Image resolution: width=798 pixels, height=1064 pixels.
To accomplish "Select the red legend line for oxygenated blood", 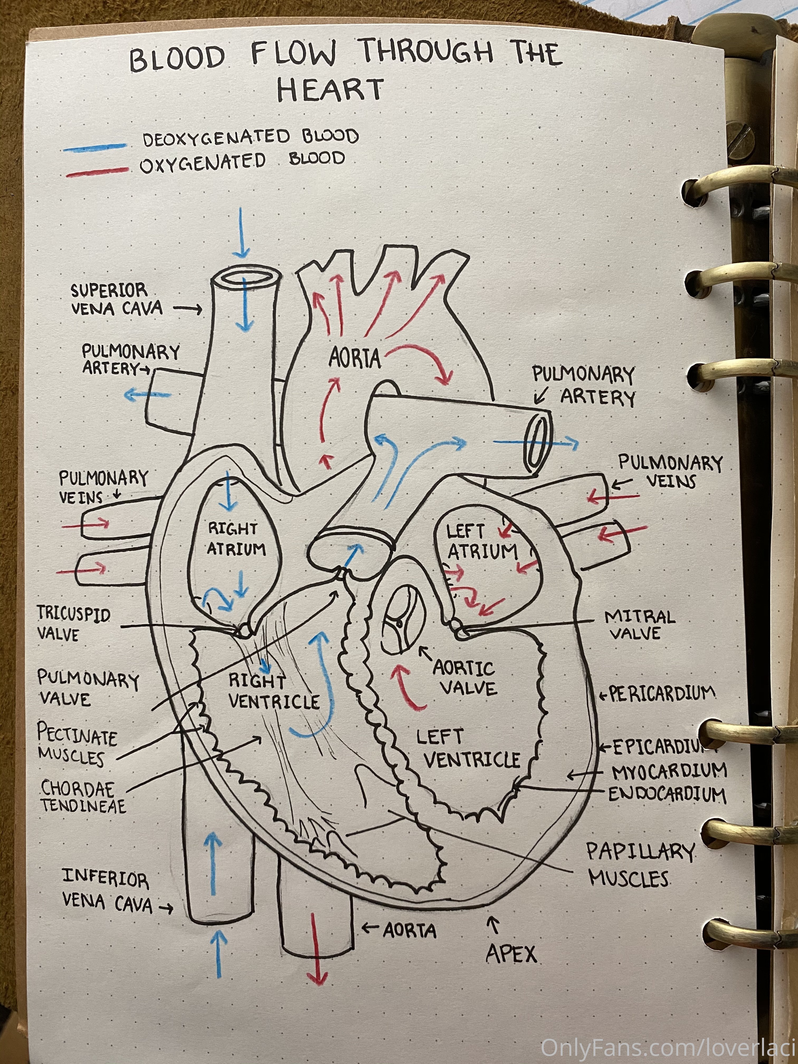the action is click(98, 172).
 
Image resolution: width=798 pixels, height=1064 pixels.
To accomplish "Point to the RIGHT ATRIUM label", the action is click(236, 539).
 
